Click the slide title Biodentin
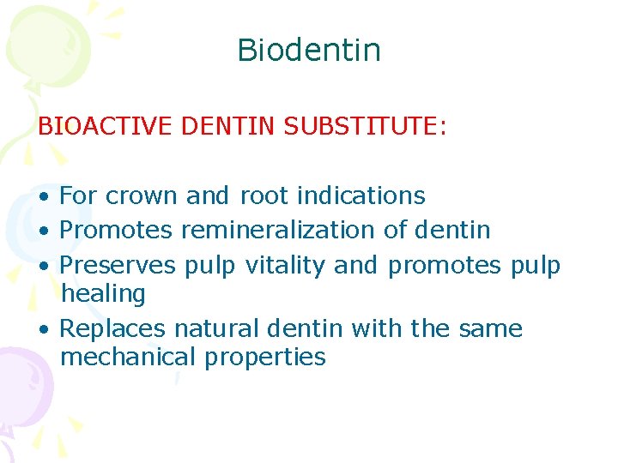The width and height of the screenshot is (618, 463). (x=308, y=50)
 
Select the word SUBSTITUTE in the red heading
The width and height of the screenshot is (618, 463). (x=365, y=127)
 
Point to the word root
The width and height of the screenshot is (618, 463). (x=264, y=195)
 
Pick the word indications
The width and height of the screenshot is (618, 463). (x=360, y=195)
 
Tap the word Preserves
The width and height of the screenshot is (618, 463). (x=118, y=265)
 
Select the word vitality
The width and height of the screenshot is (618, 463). (x=286, y=265)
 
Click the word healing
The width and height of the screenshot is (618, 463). (x=103, y=294)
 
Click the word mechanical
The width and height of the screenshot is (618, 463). (x=129, y=357)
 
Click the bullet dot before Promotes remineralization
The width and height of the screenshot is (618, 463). (x=43, y=231)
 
